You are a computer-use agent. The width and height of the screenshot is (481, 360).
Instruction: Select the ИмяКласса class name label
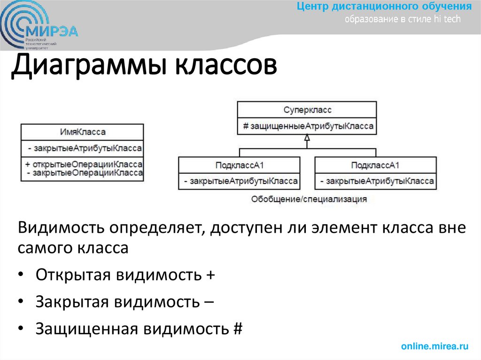(x=83, y=132)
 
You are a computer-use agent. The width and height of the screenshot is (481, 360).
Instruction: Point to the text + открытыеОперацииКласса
(x=84, y=165)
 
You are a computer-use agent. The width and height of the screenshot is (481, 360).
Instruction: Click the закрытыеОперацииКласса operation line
(x=85, y=173)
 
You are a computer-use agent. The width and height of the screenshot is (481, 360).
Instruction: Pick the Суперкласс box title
(x=307, y=109)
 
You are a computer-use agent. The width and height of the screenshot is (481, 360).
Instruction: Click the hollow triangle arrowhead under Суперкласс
(x=307, y=138)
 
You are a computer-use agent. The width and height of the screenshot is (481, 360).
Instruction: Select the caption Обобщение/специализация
(x=309, y=199)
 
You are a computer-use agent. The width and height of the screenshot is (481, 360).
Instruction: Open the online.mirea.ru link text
(x=435, y=346)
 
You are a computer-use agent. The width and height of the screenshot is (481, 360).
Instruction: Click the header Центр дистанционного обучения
(x=384, y=7)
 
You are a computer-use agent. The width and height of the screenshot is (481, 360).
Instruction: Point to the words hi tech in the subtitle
(x=448, y=19)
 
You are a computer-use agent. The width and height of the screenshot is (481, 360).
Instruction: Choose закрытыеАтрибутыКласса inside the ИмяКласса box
(x=85, y=148)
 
